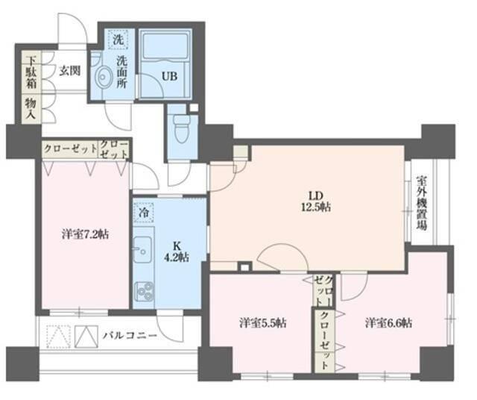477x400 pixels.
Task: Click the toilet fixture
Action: tap(180, 131)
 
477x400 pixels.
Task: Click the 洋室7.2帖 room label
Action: tap(85, 234)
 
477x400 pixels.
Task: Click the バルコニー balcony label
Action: tap(130, 337)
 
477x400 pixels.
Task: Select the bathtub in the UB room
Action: tap(166, 47)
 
